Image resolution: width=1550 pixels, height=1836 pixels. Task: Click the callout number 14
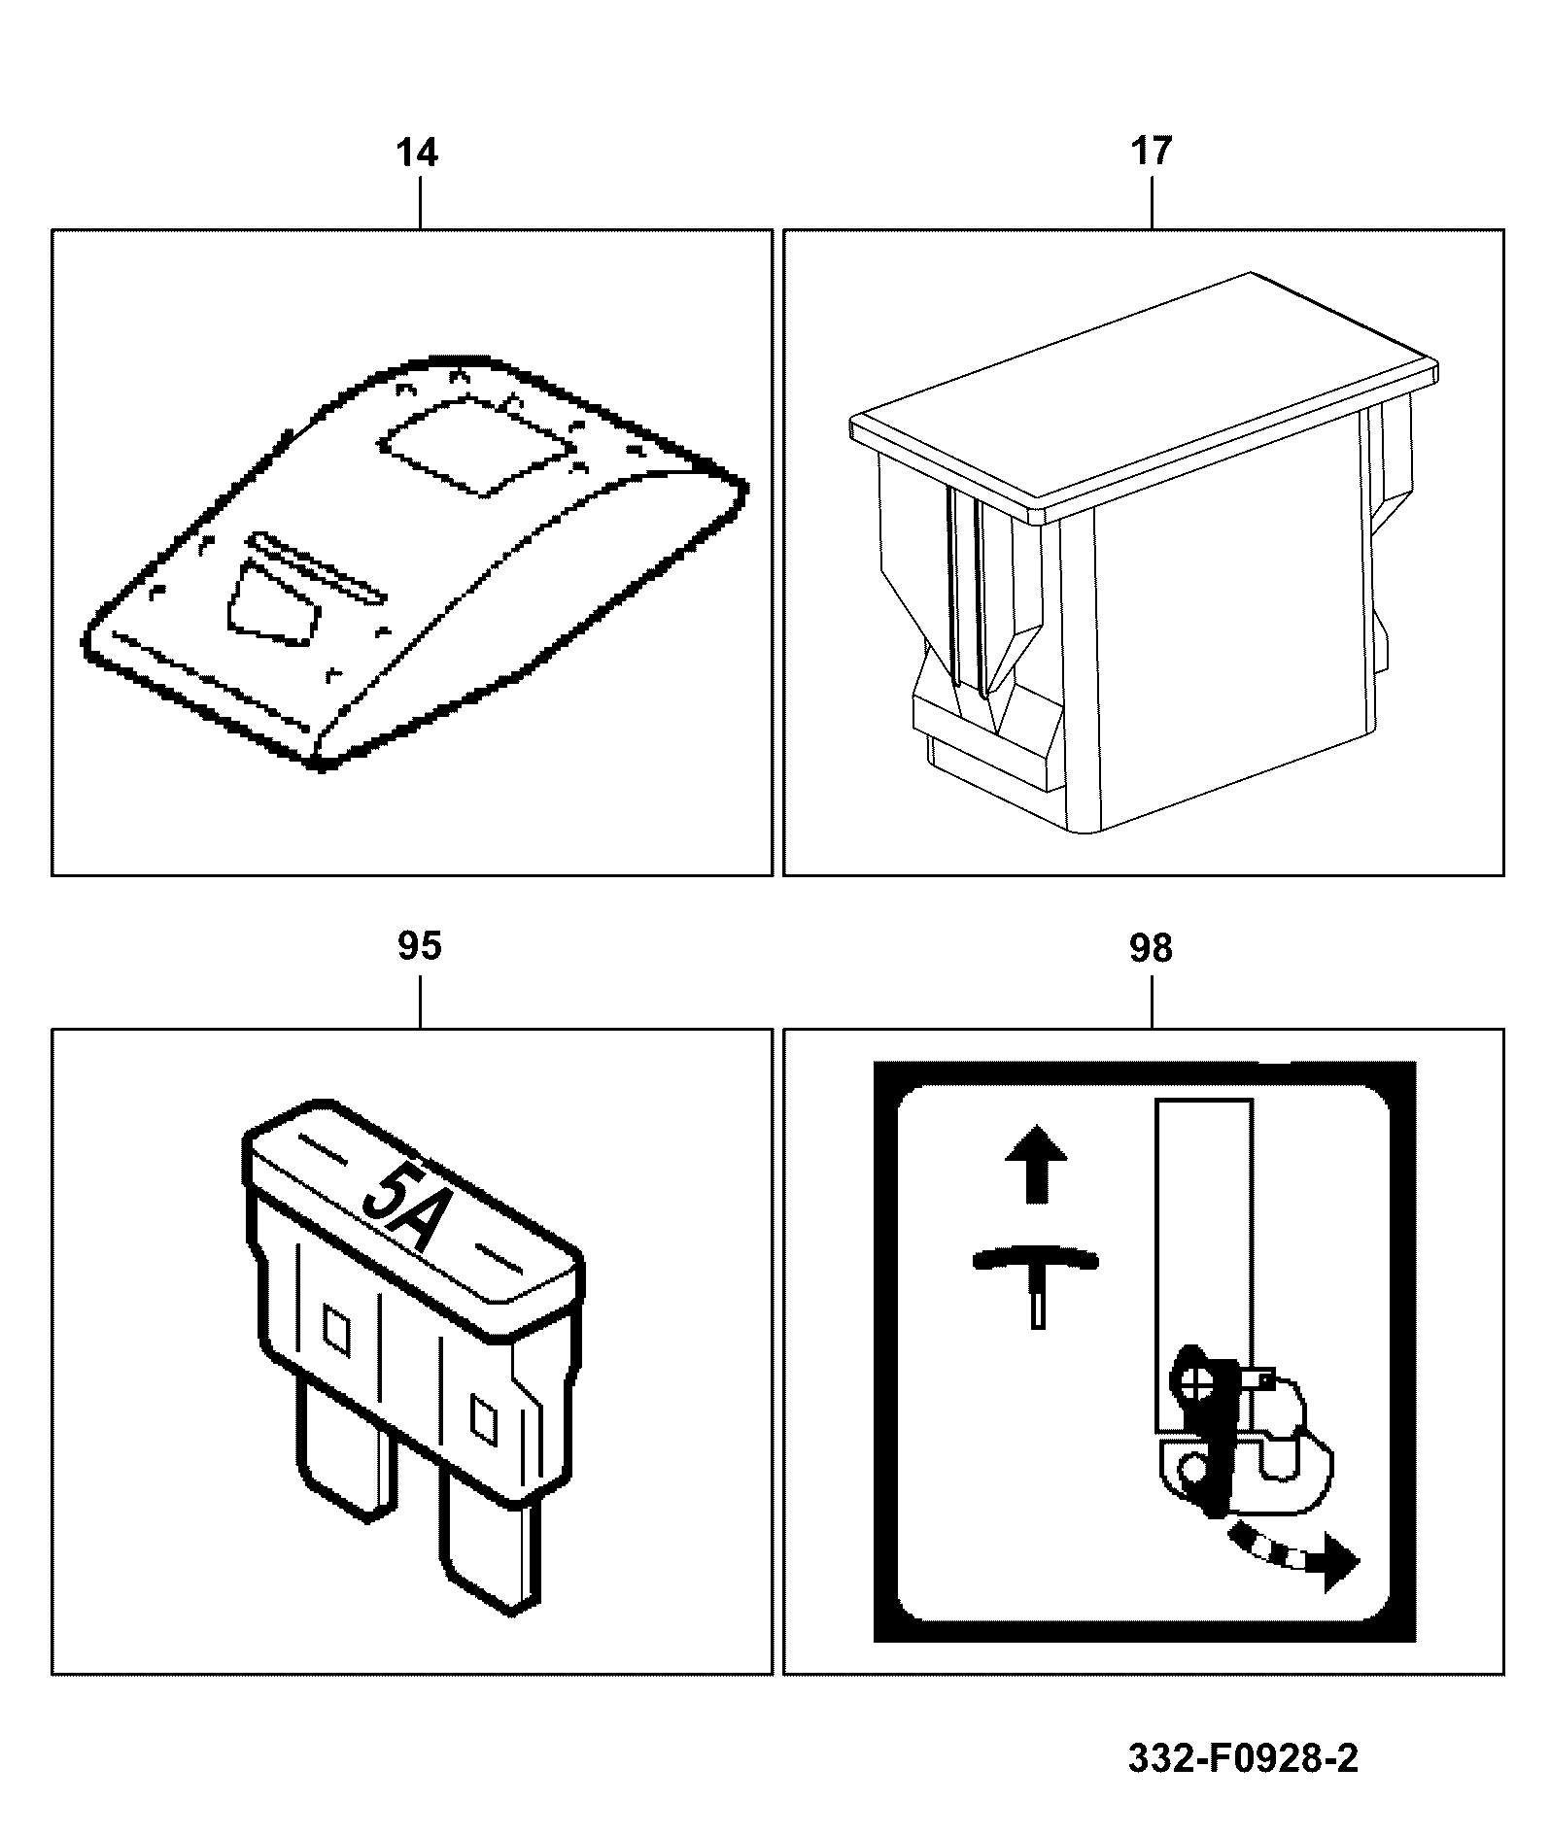tap(418, 153)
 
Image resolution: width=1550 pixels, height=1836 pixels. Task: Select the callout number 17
tap(1151, 153)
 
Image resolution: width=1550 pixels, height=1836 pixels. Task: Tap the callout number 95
tap(420, 946)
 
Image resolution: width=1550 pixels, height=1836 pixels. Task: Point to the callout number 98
tap(1151, 948)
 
